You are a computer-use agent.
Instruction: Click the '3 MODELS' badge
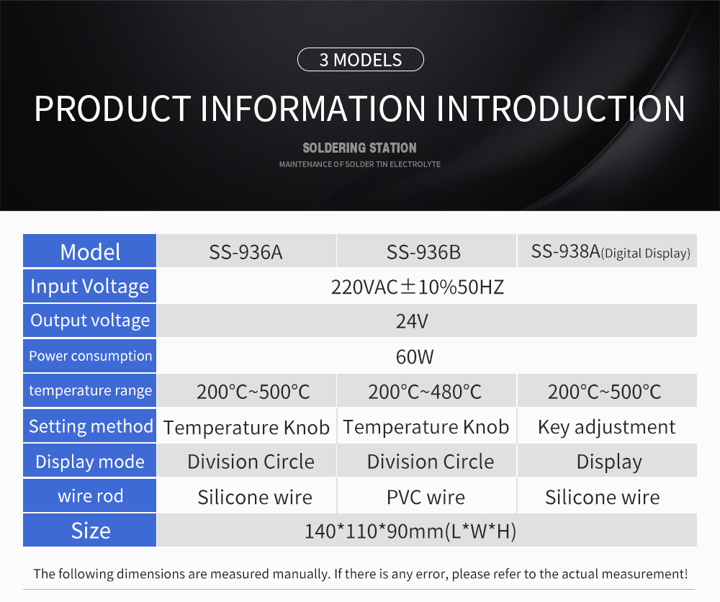tap(361, 60)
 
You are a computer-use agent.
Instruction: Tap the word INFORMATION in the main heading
tap(313, 109)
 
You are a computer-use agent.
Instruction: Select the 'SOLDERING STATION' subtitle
tap(359, 148)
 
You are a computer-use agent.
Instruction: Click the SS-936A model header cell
tap(246, 252)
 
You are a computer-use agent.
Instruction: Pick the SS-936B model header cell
tap(423, 252)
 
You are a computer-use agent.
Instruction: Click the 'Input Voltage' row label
tap(89, 286)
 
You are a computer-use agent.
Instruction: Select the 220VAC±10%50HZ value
tap(418, 287)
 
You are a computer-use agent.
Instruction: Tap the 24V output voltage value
tap(412, 321)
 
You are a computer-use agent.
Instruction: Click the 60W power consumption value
tap(415, 356)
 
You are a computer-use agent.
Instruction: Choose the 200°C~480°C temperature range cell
tap(425, 392)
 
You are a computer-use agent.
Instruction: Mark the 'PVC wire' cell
tap(426, 498)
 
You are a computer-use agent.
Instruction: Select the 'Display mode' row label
tap(89, 462)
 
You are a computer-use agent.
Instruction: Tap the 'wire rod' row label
tap(89, 496)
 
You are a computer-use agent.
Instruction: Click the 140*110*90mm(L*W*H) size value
tap(410, 531)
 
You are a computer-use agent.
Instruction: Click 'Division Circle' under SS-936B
tap(431, 462)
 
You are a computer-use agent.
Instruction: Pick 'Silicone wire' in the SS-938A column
tap(603, 498)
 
